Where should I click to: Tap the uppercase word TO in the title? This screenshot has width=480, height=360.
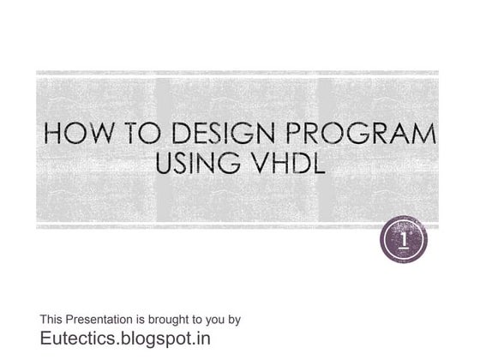click(134, 136)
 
